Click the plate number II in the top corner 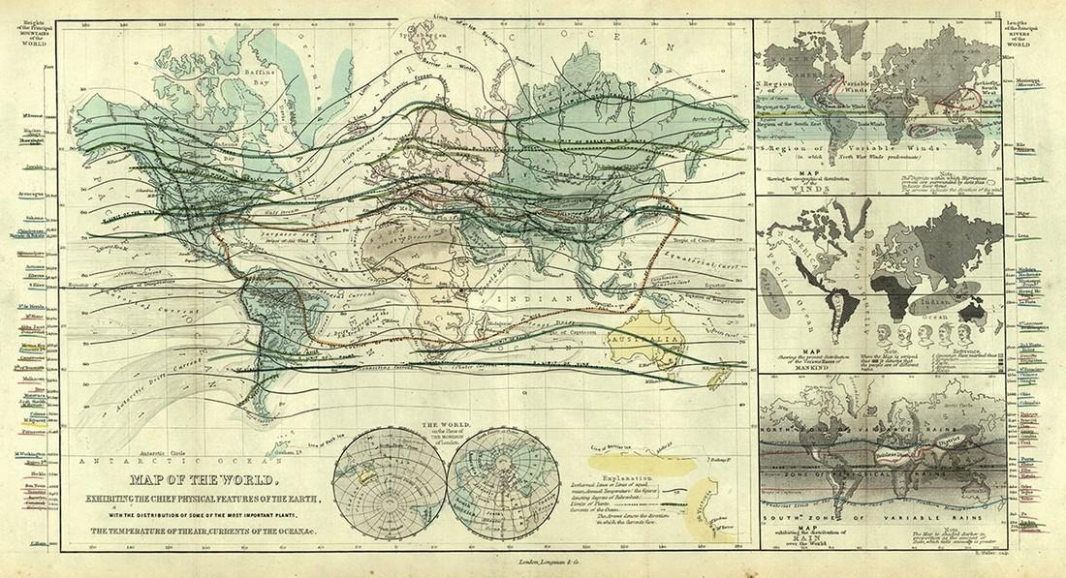(x=1052, y=8)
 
